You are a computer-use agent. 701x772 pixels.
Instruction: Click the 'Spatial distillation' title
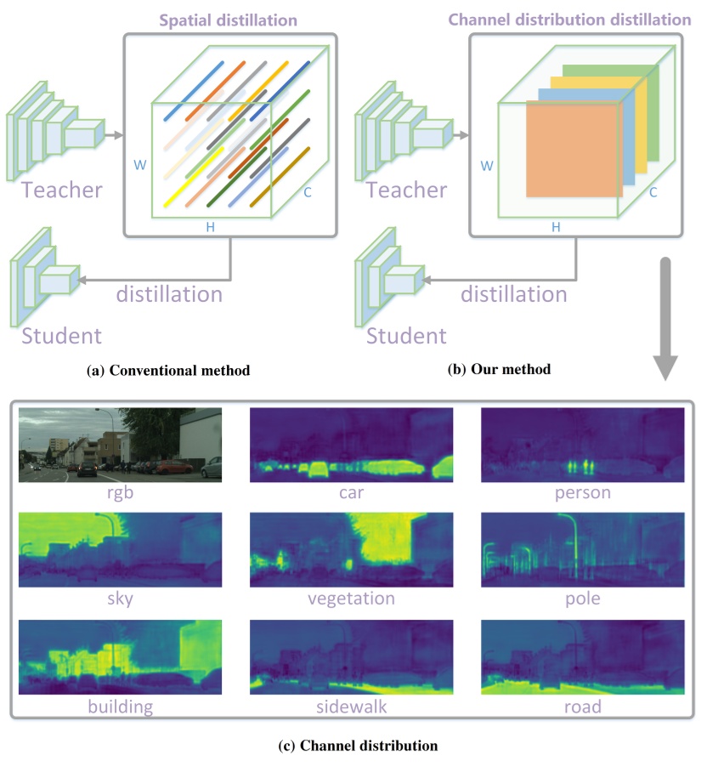click(231, 17)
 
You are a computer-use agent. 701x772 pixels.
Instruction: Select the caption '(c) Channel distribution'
click(358, 746)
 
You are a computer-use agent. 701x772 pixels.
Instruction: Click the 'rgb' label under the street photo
click(119, 493)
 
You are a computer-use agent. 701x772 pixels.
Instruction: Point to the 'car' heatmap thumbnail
click(352, 445)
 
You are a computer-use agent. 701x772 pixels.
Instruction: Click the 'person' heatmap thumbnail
click(582, 445)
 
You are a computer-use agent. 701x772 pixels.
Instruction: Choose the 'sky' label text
click(119, 599)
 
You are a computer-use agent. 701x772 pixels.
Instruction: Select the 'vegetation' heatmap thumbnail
click(352, 550)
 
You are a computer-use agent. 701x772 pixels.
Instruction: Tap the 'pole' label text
click(582, 599)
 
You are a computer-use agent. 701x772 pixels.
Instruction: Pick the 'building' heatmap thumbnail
click(119, 657)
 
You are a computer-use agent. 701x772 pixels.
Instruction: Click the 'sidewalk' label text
click(352, 707)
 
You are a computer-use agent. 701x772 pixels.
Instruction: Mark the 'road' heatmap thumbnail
click(582, 657)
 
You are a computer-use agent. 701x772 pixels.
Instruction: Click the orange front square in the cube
click(573, 150)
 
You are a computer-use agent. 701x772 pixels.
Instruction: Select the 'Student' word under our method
click(406, 335)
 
